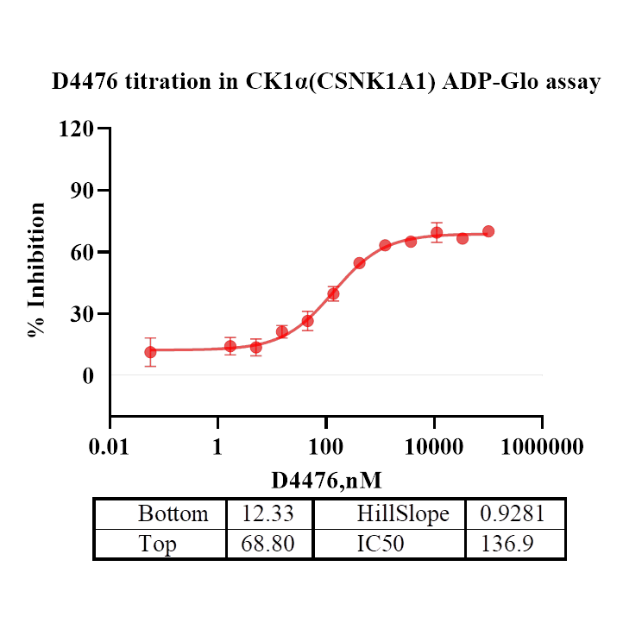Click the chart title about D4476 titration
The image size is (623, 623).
click(326, 83)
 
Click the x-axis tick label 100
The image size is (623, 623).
click(326, 447)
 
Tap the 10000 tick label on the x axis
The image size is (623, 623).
click(434, 447)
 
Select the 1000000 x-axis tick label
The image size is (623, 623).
click(542, 447)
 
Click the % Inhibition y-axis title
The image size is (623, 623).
click(37, 269)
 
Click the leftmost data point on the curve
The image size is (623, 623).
click(150, 352)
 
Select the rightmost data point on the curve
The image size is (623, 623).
click(488, 231)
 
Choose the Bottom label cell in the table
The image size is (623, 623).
click(173, 514)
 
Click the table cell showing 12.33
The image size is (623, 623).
click(269, 514)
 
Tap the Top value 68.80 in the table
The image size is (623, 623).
click(269, 544)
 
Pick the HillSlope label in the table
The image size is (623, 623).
click(403, 514)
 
